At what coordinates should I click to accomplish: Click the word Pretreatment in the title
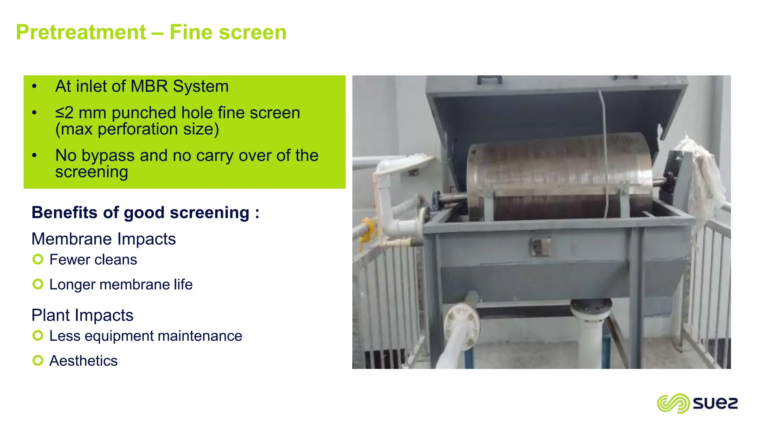pyautogui.click(x=81, y=32)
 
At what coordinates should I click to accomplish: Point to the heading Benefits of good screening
pyautogui.click(x=145, y=213)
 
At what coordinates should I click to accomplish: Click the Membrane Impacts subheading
pyautogui.click(x=103, y=239)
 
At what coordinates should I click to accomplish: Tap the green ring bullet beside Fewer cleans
pyautogui.click(x=38, y=259)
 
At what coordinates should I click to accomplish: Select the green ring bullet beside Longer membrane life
pyautogui.click(x=38, y=284)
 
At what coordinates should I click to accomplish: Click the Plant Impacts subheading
pyautogui.click(x=82, y=315)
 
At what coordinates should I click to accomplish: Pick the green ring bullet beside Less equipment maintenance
pyautogui.click(x=38, y=336)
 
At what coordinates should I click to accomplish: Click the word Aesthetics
pyautogui.click(x=83, y=361)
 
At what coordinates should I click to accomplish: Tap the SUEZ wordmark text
pyautogui.click(x=715, y=403)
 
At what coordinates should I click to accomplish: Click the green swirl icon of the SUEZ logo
pyautogui.click(x=673, y=403)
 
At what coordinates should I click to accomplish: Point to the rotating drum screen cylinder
pyautogui.click(x=558, y=175)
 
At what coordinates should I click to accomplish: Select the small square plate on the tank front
pyautogui.click(x=540, y=247)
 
